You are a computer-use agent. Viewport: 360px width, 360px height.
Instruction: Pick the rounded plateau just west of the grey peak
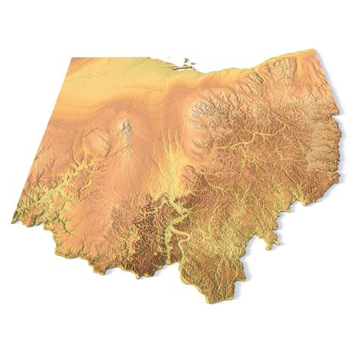(x=97, y=139)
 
